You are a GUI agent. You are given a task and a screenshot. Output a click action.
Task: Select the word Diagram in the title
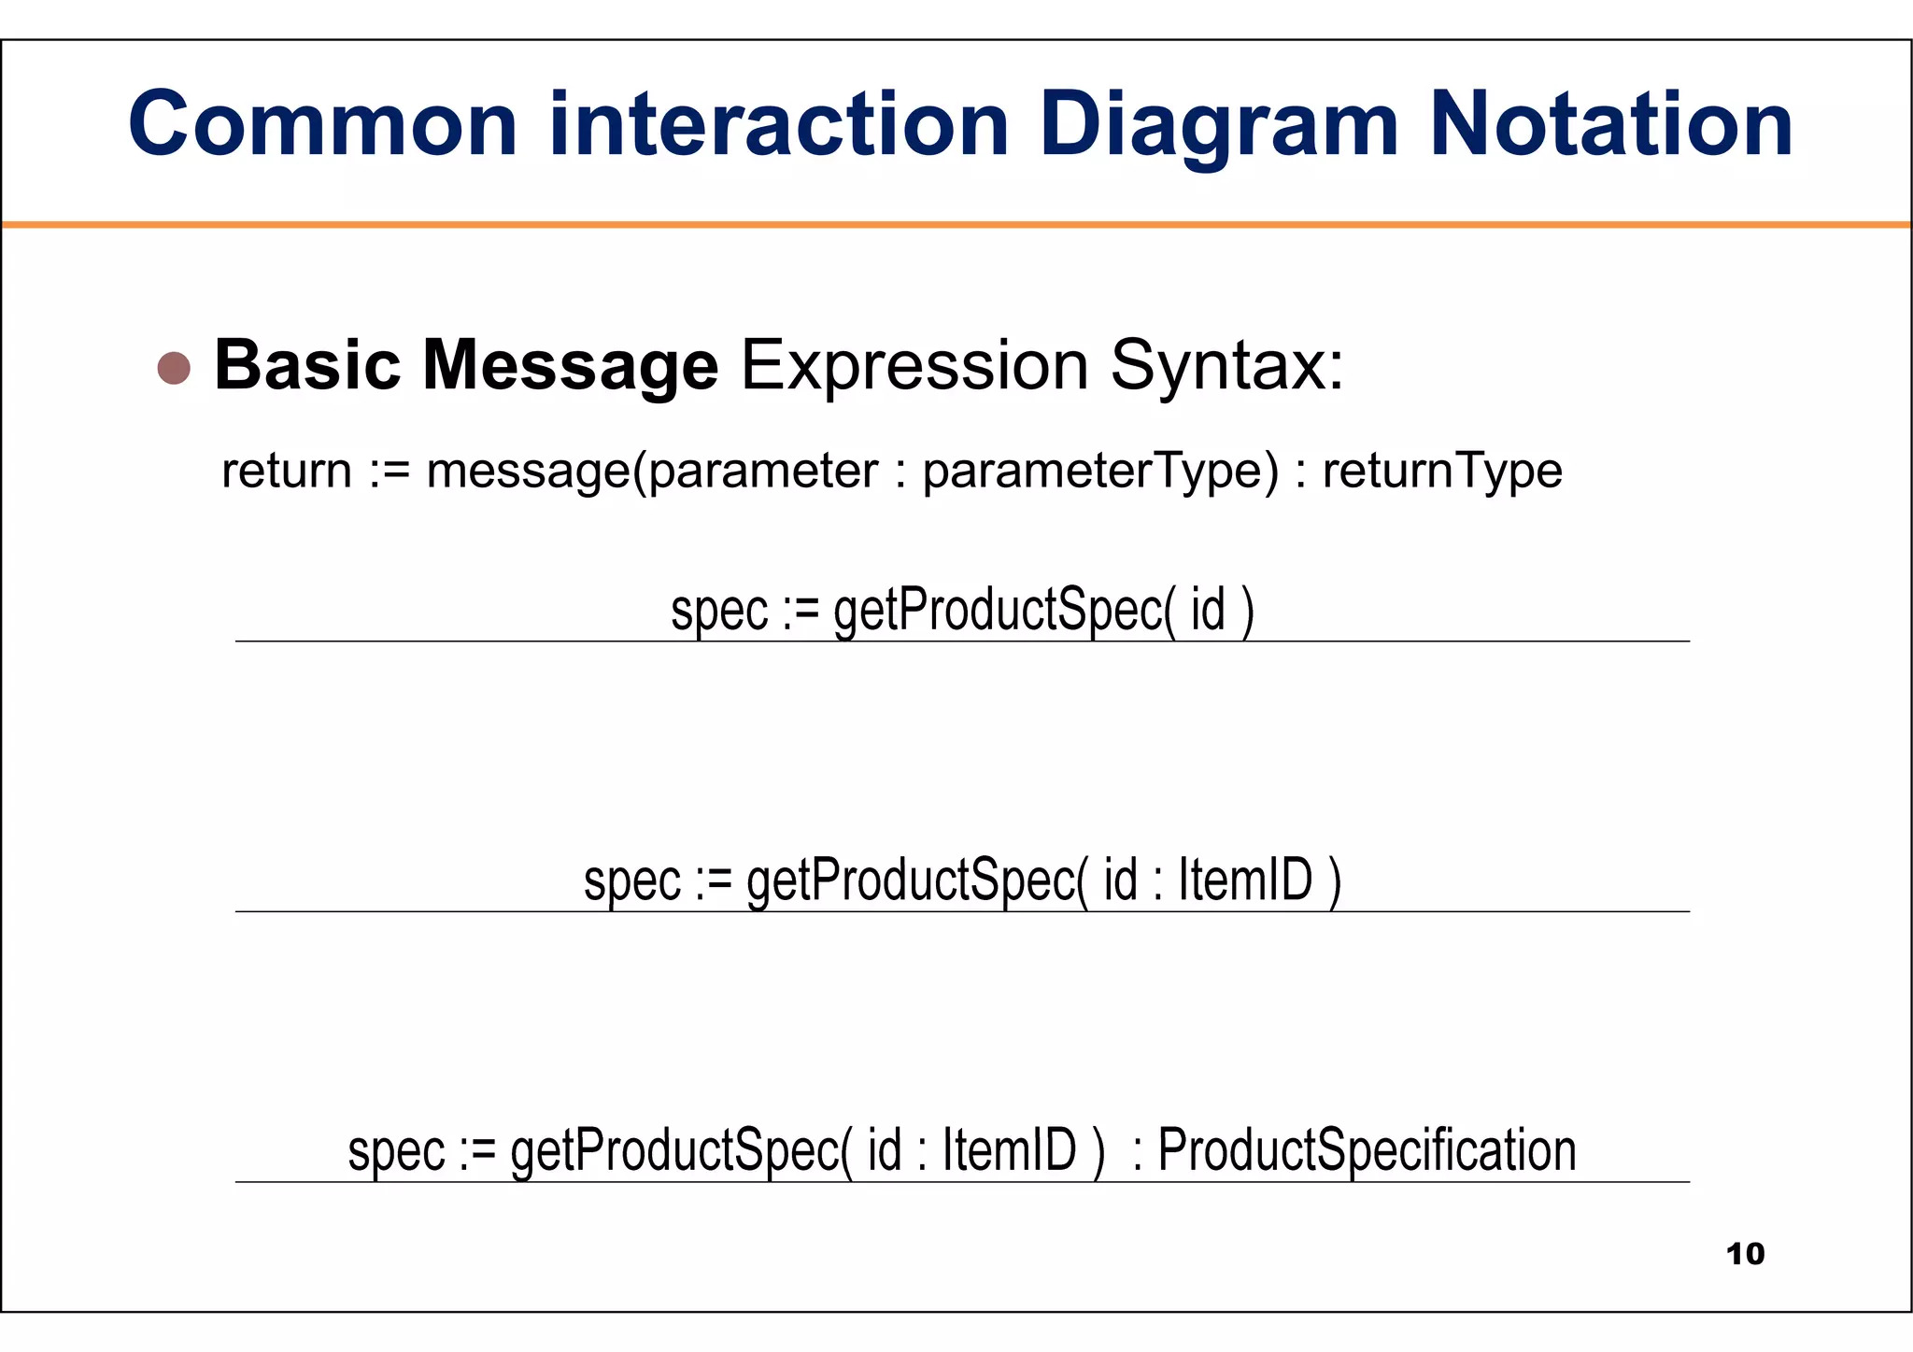point(1218,126)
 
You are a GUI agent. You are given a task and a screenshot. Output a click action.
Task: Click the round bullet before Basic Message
point(174,368)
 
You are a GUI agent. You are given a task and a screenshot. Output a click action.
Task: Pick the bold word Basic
point(307,364)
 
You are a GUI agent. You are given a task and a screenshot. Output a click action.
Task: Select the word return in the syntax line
point(287,470)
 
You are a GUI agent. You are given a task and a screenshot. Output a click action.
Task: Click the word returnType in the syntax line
point(1442,471)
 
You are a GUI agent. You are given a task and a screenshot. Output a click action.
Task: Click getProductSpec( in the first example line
point(1004,611)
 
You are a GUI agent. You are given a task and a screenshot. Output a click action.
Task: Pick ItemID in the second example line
point(1246,880)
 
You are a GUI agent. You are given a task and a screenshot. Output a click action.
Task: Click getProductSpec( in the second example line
point(917,881)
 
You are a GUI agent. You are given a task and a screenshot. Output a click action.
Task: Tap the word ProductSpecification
point(1367,1150)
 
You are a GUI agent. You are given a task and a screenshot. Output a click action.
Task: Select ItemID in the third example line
point(1010,1149)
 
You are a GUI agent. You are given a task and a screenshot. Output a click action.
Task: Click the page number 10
point(1746,1254)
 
